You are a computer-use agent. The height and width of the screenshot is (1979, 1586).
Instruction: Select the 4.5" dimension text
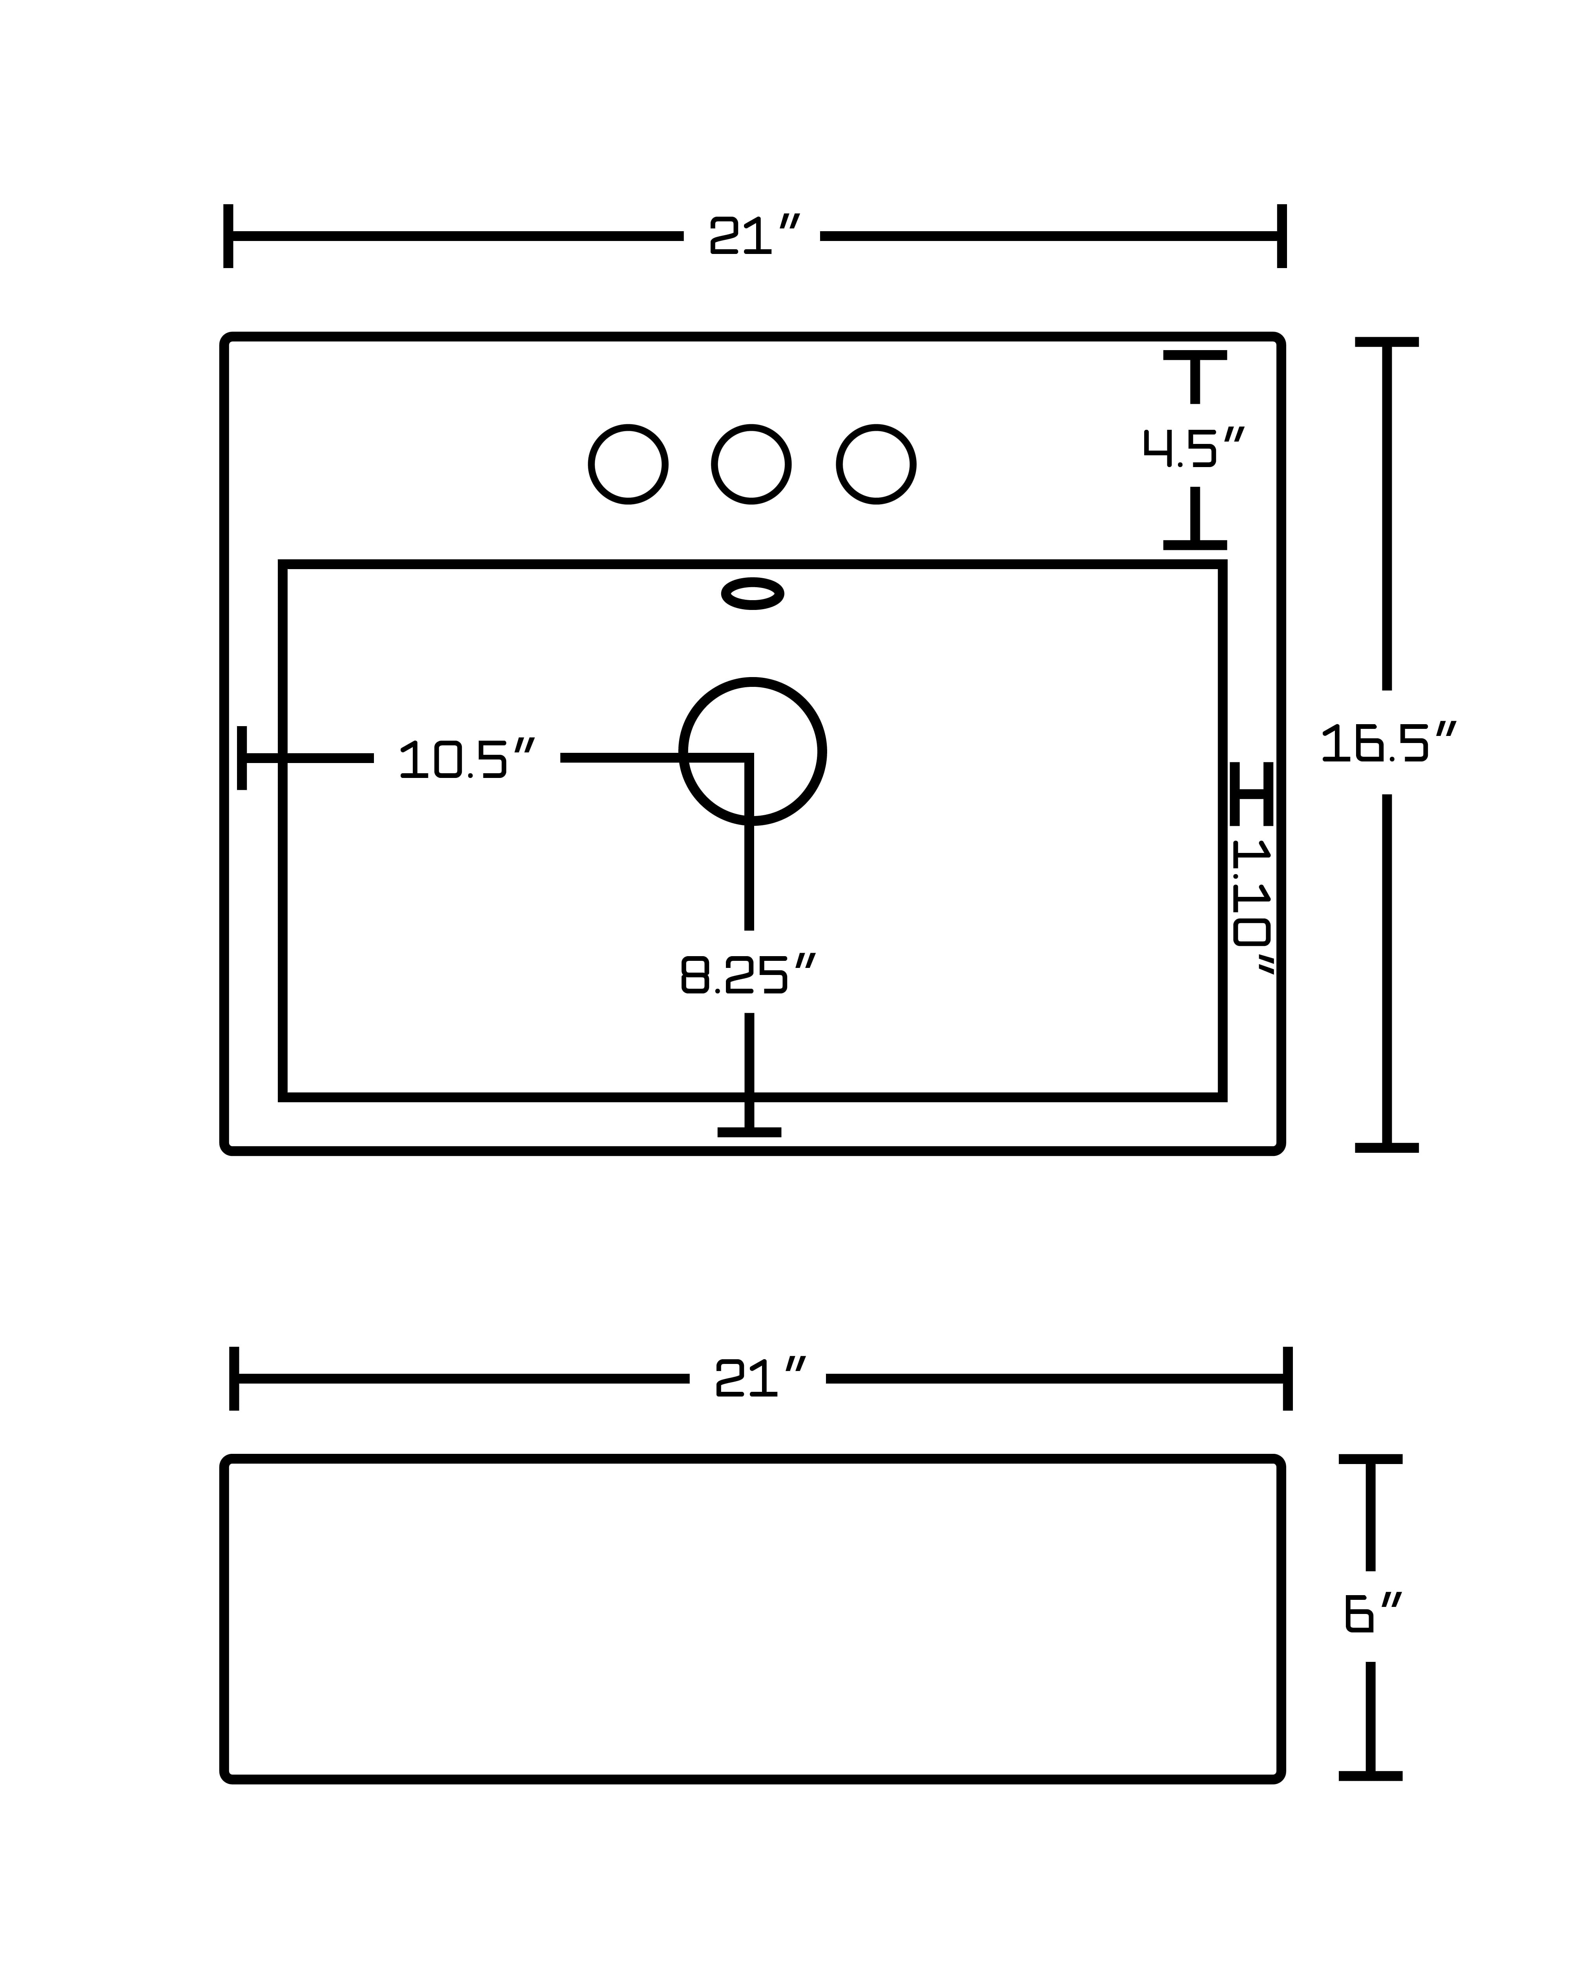click(x=1193, y=447)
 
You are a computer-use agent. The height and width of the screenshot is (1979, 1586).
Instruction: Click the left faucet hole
click(x=628, y=464)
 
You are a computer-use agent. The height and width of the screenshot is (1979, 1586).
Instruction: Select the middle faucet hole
click(x=752, y=464)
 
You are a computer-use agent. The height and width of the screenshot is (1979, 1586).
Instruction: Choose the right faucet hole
click(x=877, y=464)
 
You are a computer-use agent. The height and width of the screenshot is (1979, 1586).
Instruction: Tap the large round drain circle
click(x=753, y=752)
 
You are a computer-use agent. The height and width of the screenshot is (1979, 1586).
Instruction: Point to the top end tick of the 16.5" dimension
click(x=1387, y=342)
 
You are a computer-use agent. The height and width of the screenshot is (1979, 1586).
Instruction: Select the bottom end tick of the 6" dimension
click(x=1370, y=1775)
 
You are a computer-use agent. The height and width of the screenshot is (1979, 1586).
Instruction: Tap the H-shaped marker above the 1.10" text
click(x=1252, y=793)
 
